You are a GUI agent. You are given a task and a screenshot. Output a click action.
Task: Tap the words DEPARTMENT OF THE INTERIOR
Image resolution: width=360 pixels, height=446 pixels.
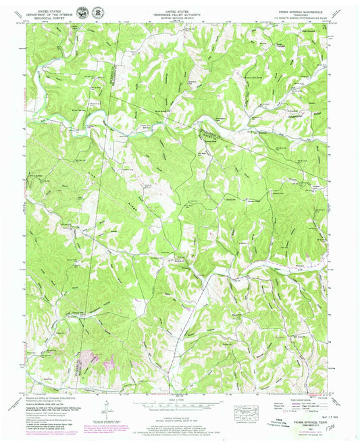[52, 14]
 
